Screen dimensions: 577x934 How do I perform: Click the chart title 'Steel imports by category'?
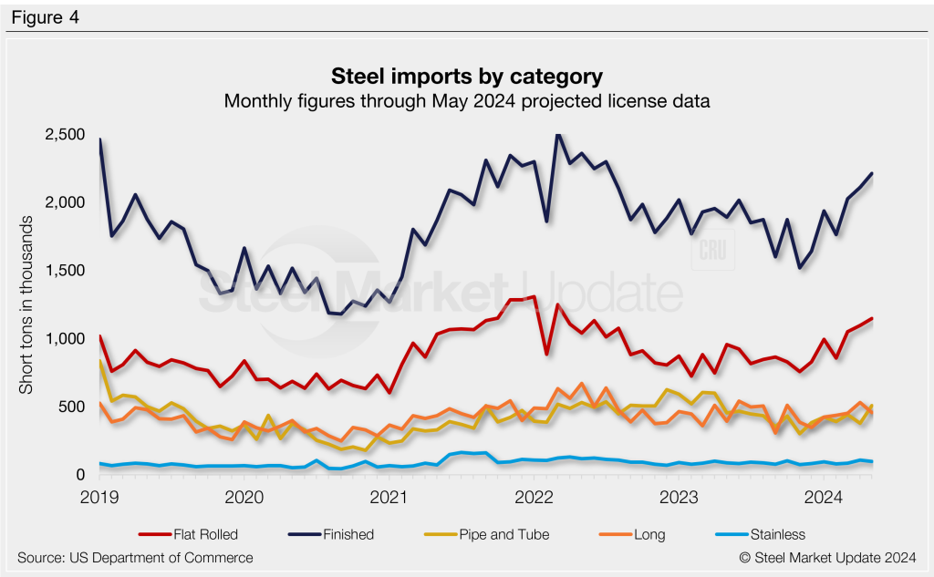(466, 75)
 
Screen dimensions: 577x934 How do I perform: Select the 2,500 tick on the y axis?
(66, 135)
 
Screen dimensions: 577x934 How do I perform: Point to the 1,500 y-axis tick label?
(66, 271)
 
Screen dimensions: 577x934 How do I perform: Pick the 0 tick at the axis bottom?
(81, 475)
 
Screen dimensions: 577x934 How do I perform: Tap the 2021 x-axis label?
(389, 497)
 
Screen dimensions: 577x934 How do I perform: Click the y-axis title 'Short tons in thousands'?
(26, 305)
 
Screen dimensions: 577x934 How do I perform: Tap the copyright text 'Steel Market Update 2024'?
(827, 557)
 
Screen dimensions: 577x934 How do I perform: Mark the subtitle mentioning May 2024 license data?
(466, 100)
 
